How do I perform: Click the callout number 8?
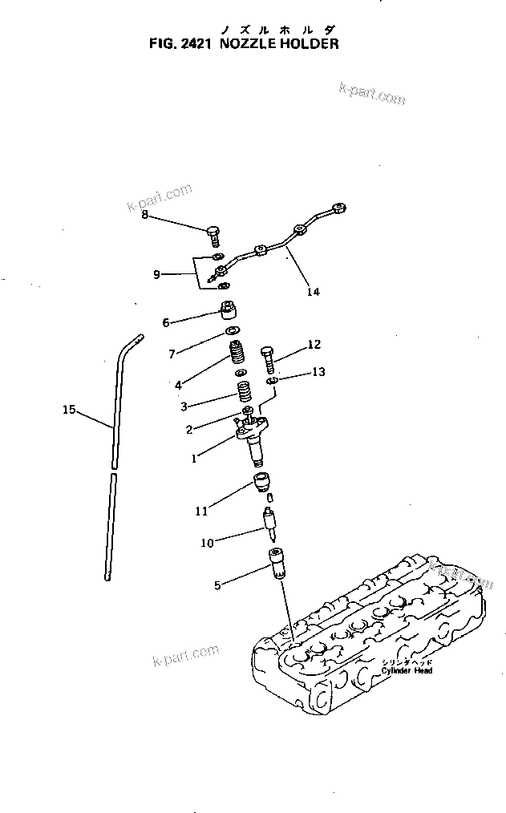144,214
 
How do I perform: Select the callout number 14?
313,292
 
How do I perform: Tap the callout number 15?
69,410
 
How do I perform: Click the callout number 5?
217,585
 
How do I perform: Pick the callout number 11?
202,509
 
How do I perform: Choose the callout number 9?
156,274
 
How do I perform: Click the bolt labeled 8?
213,236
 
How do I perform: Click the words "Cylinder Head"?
407,670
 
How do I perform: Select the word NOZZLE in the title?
245,44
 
